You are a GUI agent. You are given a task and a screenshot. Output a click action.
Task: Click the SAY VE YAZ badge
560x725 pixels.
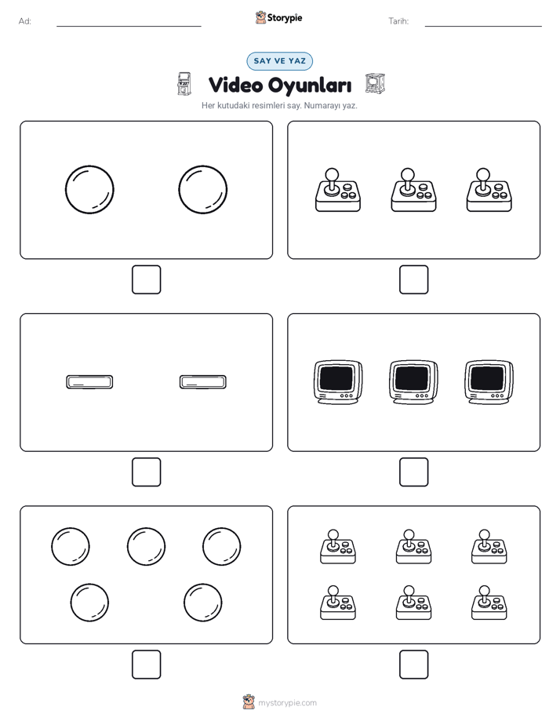(x=279, y=61)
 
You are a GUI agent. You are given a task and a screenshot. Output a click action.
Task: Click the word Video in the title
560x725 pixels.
(x=235, y=85)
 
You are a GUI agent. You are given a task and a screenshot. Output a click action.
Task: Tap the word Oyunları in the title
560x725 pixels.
(x=310, y=85)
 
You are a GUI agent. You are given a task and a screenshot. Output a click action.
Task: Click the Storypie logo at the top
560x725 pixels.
(x=278, y=17)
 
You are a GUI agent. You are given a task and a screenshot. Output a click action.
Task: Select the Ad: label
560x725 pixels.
(x=25, y=21)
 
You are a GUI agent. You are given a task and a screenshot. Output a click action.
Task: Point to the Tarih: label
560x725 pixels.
(x=398, y=21)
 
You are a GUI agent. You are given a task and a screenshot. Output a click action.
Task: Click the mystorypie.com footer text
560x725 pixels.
(x=287, y=703)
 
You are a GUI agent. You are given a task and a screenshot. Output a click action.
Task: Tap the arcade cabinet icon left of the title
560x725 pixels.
(x=184, y=84)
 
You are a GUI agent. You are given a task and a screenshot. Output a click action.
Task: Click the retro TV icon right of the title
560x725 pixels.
(x=375, y=84)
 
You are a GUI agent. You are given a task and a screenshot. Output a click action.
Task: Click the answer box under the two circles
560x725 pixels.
(x=147, y=280)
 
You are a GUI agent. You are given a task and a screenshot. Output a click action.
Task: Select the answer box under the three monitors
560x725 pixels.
(x=414, y=472)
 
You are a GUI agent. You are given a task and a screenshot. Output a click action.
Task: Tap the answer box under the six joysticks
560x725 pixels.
(x=414, y=665)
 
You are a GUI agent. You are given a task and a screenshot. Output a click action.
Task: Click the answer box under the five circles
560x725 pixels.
(x=147, y=665)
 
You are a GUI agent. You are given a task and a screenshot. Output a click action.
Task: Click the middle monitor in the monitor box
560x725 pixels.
(x=413, y=382)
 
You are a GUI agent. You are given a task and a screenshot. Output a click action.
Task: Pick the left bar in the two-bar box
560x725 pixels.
(x=89, y=382)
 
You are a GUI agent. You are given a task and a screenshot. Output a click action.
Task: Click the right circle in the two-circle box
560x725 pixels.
(x=203, y=190)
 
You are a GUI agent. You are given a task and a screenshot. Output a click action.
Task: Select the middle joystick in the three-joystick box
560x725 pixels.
(x=413, y=190)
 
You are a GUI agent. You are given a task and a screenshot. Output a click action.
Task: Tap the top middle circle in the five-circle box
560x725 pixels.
(x=146, y=547)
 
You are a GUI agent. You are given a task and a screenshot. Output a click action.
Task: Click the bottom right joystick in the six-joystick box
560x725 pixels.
(x=489, y=603)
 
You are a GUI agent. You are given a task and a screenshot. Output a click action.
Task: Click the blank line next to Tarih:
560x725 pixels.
(x=483, y=27)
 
